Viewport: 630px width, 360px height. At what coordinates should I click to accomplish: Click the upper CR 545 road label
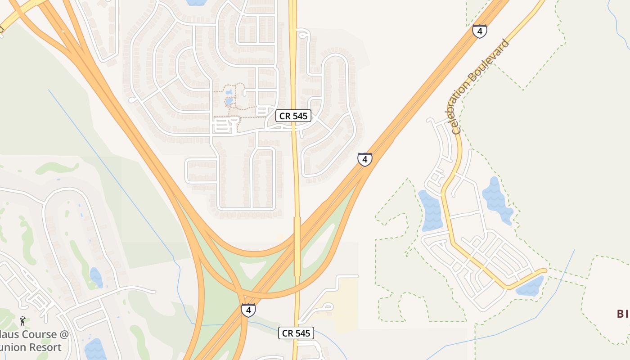pyautogui.click(x=293, y=116)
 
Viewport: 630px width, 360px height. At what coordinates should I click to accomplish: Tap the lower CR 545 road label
pyautogui.click(x=296, y=333)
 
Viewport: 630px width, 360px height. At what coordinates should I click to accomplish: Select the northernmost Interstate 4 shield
pyautogui.click(x=480, y=31)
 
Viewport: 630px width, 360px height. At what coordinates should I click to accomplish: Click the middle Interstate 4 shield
pyautogui.click(x=365, y=159)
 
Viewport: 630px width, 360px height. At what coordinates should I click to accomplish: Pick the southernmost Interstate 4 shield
pyautogui.click(x=248, y=310)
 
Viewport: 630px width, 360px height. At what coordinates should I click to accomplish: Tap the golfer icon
pyautogui.click(x=22, y=321)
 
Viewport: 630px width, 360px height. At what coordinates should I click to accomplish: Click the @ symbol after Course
pyautogui.click(x=64, y=334)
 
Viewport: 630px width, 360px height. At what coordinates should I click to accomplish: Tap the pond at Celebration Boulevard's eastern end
pyautogui.click(x=530, y=286)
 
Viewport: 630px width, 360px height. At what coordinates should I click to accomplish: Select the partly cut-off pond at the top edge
pyautogui.click(x=196, y=2)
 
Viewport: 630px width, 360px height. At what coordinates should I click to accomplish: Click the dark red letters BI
pyautogui.click(x=622, y=314)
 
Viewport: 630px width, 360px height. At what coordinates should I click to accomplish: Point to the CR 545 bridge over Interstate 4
pyautogui.click(x=297, y=246)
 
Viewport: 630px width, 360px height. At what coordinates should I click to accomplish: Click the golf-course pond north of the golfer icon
pyautogui.click(x=96, y=278)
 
